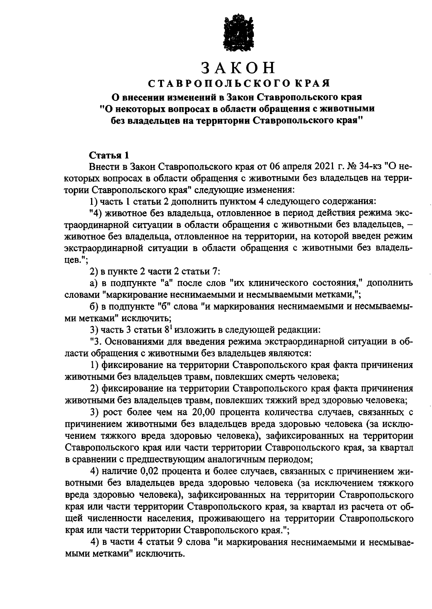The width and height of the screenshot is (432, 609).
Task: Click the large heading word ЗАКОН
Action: (x=238, y=68)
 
